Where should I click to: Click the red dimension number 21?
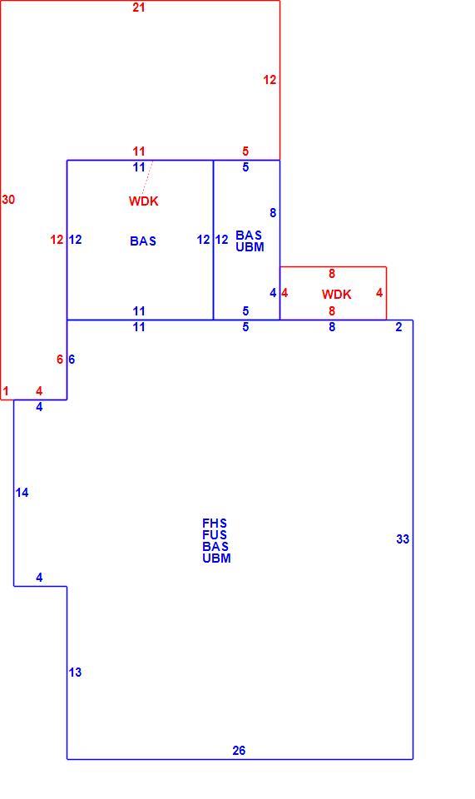[138, 7]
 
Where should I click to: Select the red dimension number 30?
[8, 200]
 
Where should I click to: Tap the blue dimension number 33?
[403, 539]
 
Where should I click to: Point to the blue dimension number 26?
[239, 751]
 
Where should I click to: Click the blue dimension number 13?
[75, 672]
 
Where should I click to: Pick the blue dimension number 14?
[22, 493]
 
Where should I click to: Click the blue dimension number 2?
[398, 327]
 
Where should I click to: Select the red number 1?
[6, 391]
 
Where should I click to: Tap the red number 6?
[60, 360]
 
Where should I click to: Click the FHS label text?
[215, 524]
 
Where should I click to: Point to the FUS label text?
[215, 535]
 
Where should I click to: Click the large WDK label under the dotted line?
[144, 201]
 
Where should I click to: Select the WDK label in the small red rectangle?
[337, 295]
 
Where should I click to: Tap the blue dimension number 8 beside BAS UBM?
[273, 213]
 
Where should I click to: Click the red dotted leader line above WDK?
[147, 177]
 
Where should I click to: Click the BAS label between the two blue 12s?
[143, 241]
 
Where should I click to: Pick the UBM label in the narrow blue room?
[250, 247]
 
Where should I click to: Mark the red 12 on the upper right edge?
[270, 80]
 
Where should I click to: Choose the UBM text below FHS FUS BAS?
[217, 558]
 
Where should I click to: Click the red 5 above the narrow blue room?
[245, 151]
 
